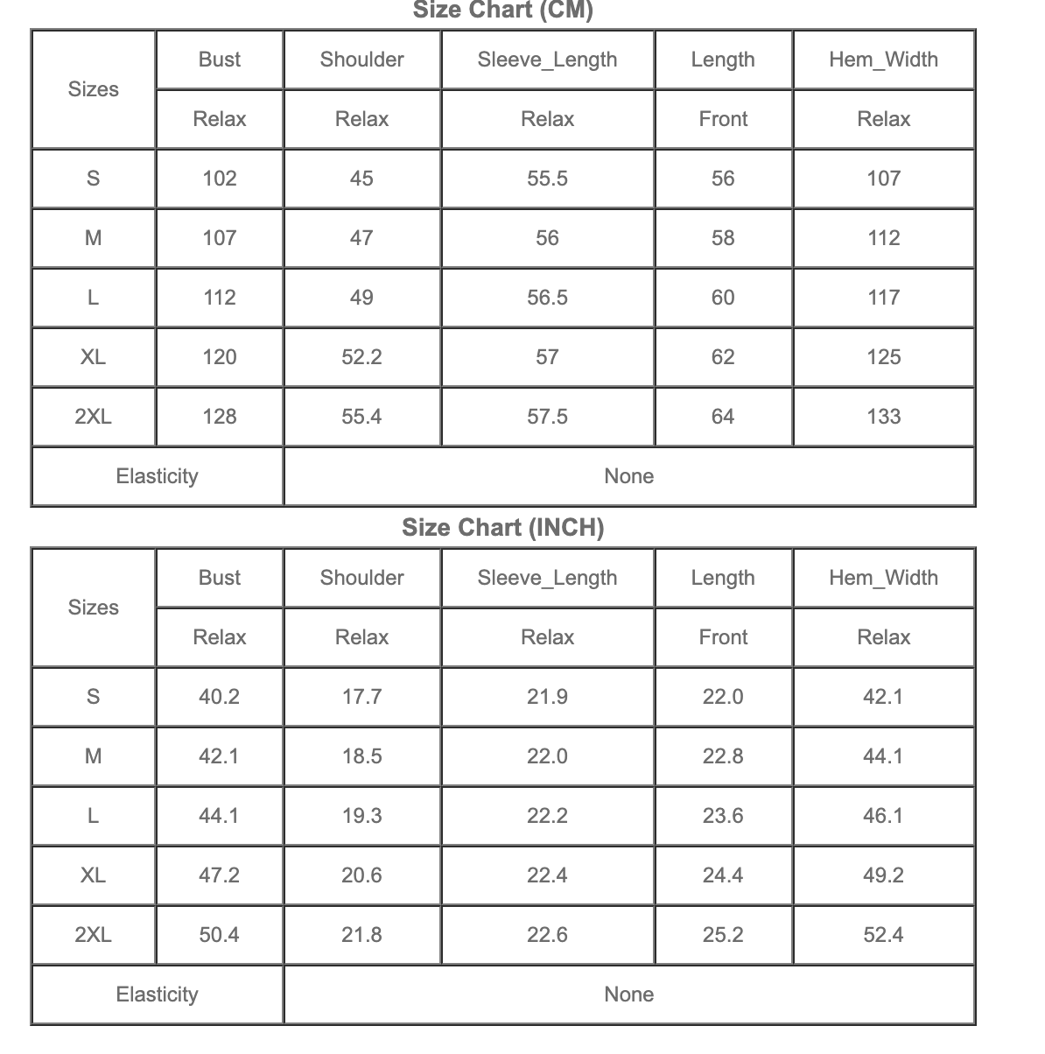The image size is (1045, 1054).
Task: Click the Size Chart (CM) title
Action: click(x=502, y=11)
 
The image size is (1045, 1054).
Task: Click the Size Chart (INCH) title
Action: click(x=502, y=528)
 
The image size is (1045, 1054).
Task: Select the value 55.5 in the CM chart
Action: click(x=547, y=179)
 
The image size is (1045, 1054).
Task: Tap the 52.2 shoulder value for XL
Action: click(x=361, y=357)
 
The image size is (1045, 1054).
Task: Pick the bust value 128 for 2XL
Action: click(x=219, y=417)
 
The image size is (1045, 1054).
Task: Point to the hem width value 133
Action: click(x=883, y=417)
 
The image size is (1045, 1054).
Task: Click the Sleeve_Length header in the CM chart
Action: click(x=547, y=60)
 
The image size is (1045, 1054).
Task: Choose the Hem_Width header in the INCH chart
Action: click(x=883, y=578)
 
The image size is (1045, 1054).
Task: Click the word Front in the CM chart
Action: click(x=723, y=119)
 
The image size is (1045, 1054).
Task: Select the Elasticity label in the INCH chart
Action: click(x=158, y=994)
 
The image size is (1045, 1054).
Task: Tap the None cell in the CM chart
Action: click(x=628, y=476)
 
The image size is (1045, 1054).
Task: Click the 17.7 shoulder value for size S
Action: click(x=361, y=697)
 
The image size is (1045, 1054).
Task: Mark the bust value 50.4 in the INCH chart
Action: click(x=219, y=935)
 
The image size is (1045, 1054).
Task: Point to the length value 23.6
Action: click(x=723, y=816)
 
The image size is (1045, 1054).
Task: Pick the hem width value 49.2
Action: click(x=883, y=875)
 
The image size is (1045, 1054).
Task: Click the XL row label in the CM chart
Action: click(x=93, y=357)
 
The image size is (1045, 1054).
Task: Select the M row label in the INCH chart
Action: click(x=93, y=756)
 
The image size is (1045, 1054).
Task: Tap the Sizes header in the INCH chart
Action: click(x=93, y=608)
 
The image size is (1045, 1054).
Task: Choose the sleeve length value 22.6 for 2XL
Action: click(x=547, y=935)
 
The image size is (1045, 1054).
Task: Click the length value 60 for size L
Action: click(x=723, y=298)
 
